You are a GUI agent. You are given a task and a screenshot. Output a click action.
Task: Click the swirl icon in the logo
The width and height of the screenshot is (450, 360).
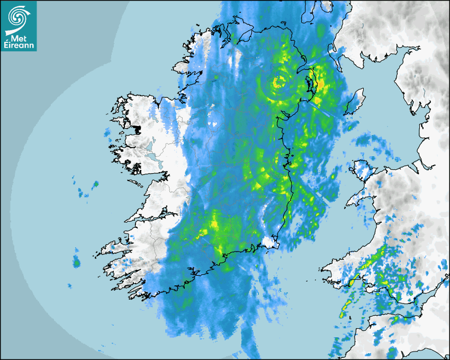click(17, 17)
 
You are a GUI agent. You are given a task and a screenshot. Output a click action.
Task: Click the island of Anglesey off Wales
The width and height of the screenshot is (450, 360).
click(363, 170)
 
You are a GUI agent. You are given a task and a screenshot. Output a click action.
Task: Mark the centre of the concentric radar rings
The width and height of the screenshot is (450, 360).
click(278, 82)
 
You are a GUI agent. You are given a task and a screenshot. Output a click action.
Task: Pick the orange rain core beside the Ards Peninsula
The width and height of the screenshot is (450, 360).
click(318, 100)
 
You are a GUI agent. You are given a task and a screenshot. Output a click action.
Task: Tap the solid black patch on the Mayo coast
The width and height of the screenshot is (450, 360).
click(136, 129)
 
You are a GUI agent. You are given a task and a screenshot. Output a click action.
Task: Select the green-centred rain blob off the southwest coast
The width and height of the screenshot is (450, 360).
click(76, 262)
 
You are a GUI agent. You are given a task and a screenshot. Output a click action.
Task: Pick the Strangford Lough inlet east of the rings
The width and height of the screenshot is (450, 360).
click(309, 85)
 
